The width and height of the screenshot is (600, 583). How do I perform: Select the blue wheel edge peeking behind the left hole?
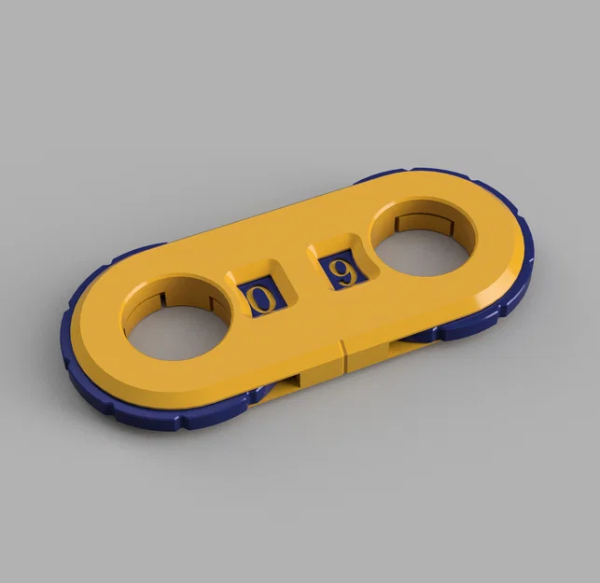point(140,252)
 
